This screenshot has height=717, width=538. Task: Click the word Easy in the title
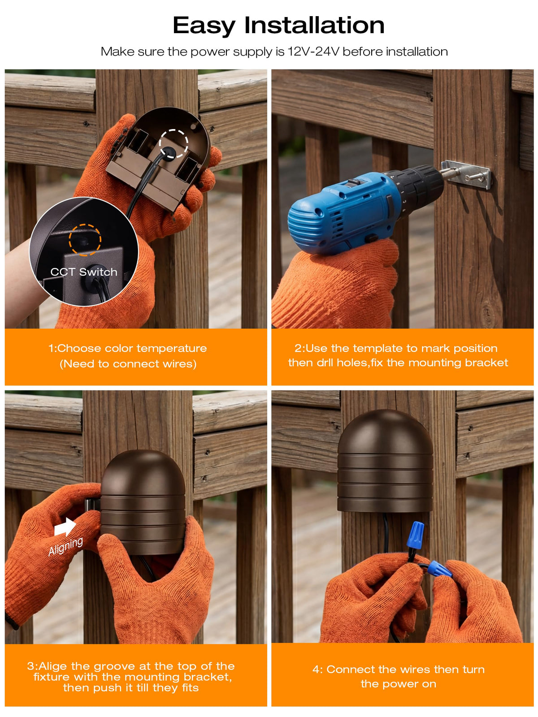[204, 26]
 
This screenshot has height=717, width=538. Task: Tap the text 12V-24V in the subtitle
[313, 52]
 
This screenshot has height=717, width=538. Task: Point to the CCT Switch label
[84, 272]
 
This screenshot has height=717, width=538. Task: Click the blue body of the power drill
[343, 213]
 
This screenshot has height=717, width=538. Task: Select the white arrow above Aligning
[65, 527]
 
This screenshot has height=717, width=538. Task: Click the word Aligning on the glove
[65, 546]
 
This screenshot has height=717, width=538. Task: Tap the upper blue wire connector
[416, 535]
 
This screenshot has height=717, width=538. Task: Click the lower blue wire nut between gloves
[440, 569]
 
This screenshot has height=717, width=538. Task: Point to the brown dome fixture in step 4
[385, 461]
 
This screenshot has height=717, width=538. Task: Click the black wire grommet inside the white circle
[169, 153]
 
